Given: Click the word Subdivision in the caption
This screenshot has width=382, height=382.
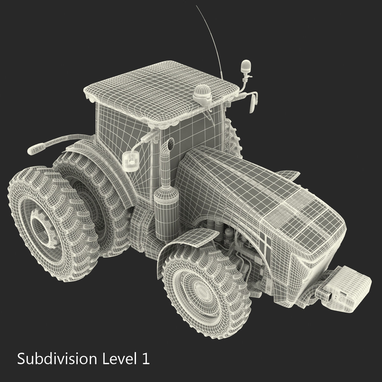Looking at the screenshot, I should [57, 359].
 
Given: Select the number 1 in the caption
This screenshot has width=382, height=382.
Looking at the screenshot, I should [145, 359].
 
